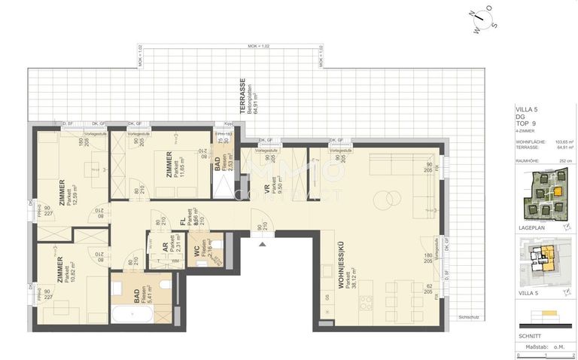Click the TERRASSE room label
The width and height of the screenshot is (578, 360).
coord(243,96)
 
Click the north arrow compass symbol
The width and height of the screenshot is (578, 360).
coord(481,20)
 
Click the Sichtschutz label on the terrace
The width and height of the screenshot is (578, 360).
coord(468,317)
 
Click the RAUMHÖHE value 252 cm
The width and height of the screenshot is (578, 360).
coord(557,160)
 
